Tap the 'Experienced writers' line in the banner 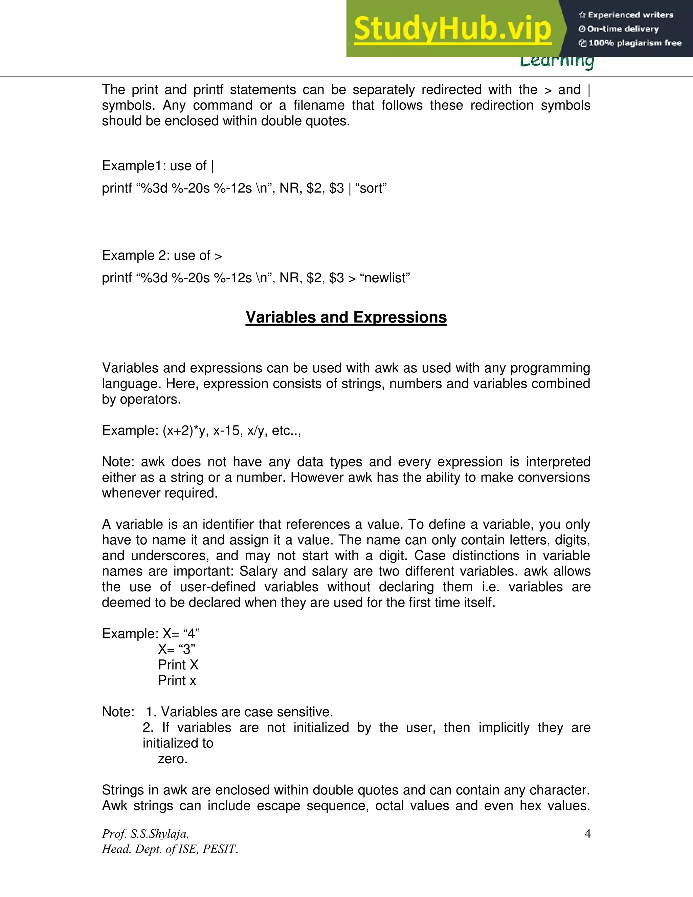tap(626, 15)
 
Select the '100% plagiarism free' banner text tap(630, 43)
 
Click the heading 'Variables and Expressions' tap(346, 317)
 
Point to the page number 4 tap(587, 833)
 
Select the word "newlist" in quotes tap(385, 278)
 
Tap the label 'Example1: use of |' tap(158, 166)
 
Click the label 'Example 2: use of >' tap(162, 256)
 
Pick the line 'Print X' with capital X tap(178, 664)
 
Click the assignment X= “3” tap(177, 649)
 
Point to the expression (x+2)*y tap(184, 431)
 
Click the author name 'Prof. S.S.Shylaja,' tap(145, 834)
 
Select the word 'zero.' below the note tap(173, 759)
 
